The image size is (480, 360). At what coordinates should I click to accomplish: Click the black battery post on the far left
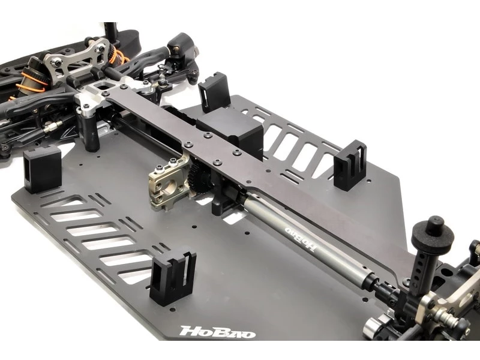coord(41,169)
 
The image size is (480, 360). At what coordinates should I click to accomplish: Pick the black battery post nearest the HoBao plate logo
coord(173,278)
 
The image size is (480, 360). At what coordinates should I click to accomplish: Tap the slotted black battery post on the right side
coord(350,166)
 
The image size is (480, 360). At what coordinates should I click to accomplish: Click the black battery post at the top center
coord(214,92)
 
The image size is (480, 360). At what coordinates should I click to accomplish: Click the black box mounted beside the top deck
coord(232,134)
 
